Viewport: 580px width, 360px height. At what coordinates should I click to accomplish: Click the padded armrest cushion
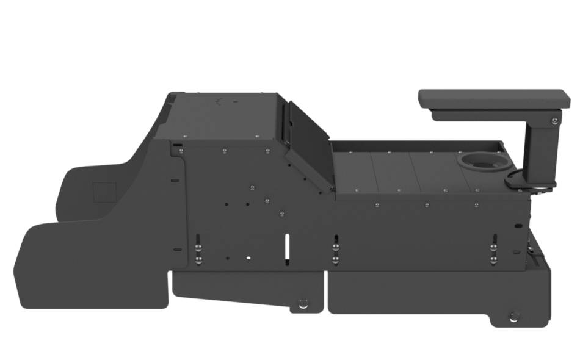pyautogui.click(x=493, y=98)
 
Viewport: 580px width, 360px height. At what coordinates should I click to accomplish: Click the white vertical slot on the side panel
pyautogui.click(x=285, y=247)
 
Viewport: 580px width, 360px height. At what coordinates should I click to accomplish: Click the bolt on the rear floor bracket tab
pyautogui.click(x=514, y=316)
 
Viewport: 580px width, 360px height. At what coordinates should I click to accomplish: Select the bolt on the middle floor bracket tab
pyautogui.click(x=303, y=303)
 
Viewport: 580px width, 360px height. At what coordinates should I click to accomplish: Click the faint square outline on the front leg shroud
pyautogui.click(x=104, y=192)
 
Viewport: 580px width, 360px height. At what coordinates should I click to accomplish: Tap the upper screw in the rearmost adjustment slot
pyautogui.click(x=493, y=247)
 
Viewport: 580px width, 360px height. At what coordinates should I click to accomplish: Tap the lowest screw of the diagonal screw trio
pyautogui.click(x=281, y=214)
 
